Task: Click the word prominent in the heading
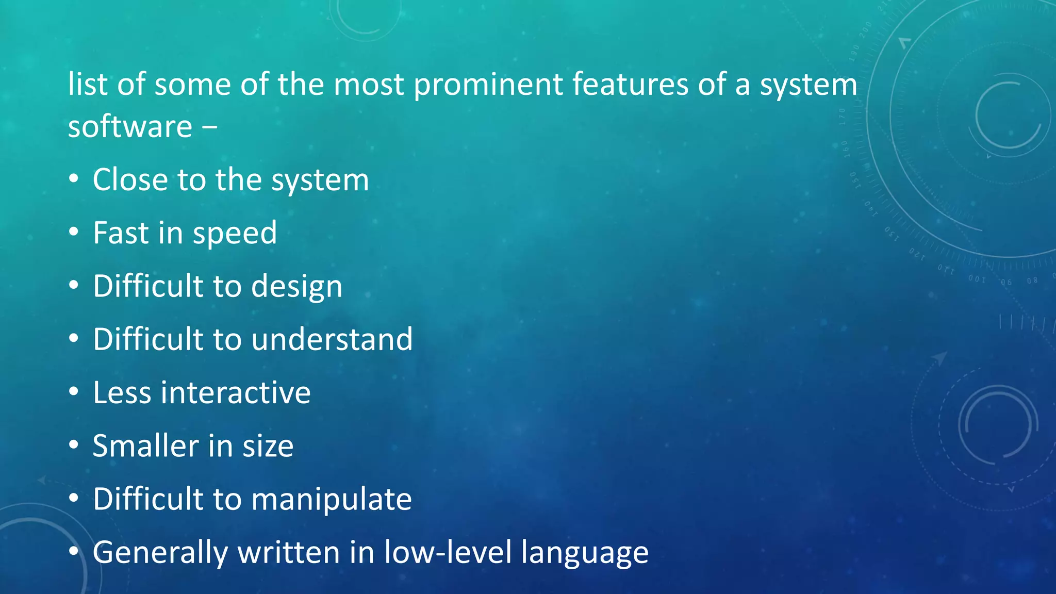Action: pos(488,85)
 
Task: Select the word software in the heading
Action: pos(130,127)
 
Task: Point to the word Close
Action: pos(131,180)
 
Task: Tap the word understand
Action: pos(332,339)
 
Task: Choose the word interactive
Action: pos(236,393)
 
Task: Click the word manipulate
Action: pos(332,499)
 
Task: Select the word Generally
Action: pos(160,553)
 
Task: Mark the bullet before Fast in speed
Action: pos(74,233)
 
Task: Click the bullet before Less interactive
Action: pos(74,392)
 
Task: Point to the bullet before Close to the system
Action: pos(74,179)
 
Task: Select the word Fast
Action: pos(121,233)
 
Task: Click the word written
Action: pos(289,552)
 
